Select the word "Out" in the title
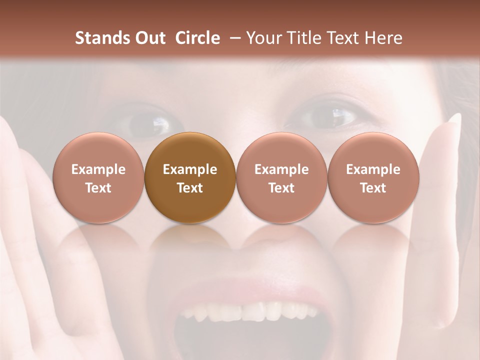[149, 38]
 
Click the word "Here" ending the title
[384, 38]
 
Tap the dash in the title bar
[234, 38]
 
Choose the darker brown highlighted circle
[190, 177]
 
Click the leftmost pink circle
[98, 177]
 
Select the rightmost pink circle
[373, 177]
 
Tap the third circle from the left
[281, 177]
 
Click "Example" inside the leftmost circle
[98, 169]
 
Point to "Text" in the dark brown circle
[190, 188]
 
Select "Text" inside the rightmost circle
[373, 188]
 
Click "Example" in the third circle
[281, 169]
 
